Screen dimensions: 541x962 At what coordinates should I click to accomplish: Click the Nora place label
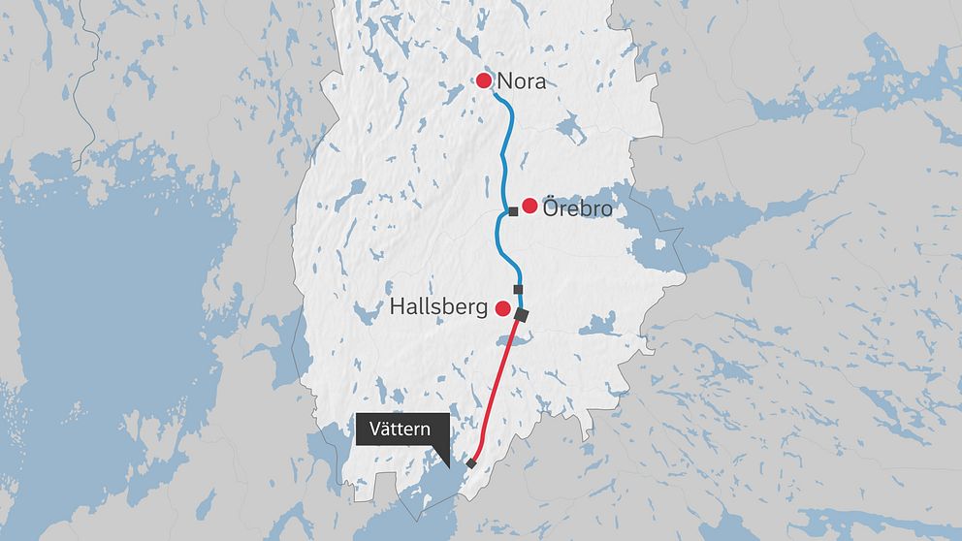(x=521, y=82)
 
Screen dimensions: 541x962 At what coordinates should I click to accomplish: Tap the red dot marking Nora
(x=484, y=81)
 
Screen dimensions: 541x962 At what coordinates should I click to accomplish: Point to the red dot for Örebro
(x=529, y=206)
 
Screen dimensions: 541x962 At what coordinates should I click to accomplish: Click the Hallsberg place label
(x=438, y=308)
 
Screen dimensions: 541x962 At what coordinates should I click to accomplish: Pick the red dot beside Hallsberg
(x=503, y=308)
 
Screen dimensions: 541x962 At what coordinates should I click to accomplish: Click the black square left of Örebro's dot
(x=513, y=211)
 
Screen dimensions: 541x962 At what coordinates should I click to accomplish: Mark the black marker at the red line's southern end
(x=471, y=463)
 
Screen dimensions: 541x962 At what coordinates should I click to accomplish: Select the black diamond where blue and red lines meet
(x=521, y=315)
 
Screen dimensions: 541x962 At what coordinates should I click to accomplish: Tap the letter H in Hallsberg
(x=398, y=307)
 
